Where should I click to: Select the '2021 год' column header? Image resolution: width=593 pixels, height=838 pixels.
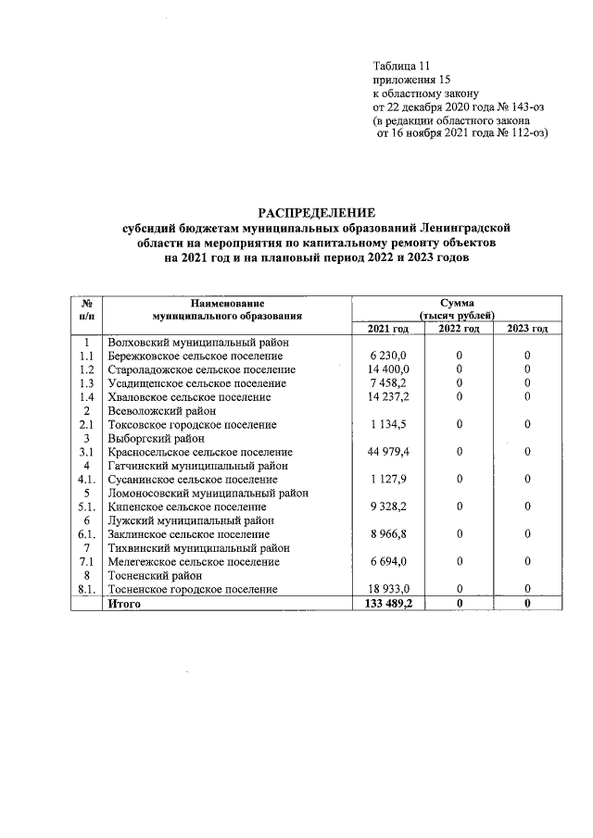(387, 329)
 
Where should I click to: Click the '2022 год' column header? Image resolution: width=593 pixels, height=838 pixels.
(459, 329)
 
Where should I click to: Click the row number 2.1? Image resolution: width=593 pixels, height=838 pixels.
(86, 424)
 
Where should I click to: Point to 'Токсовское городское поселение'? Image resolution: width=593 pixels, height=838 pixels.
(192, 424)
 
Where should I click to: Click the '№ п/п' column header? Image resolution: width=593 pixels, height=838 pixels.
(86, 309)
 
